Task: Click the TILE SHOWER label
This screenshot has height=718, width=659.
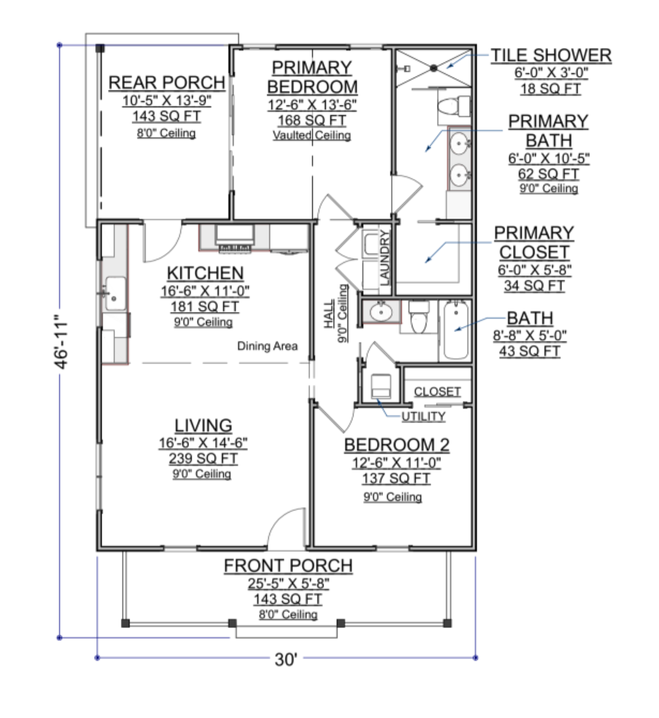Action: pyautogui.click(x=551, y=56)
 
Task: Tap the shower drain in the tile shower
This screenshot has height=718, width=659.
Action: pyautogui.click(x=433, y=68)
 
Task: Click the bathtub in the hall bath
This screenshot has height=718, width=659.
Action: pyautogui.click(x=456, y=329)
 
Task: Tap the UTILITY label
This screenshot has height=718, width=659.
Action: pyautogui.click(x=423, y=417)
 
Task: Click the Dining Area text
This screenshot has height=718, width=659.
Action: pyautogui.click(x=267, y=346)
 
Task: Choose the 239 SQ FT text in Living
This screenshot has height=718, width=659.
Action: pyautogui.click(x=203, y=458)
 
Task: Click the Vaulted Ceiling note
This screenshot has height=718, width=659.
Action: pyautogui.click(x=312, y=135)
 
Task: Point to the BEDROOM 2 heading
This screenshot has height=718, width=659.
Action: pyautogui.click(x=397, y=445)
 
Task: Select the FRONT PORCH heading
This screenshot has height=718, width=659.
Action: pyautogui.click(x=288, y=566)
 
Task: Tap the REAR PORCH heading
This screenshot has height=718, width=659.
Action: pyautogui.click(x=166, y=83)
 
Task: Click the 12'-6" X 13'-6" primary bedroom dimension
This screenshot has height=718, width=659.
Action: pyautogui.click(x=312, y=105)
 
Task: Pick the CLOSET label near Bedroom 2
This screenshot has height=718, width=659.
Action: pyautogui.click(x=437, y=392)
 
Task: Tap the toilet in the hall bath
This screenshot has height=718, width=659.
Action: pyautogui.click(x=419, y=317)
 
